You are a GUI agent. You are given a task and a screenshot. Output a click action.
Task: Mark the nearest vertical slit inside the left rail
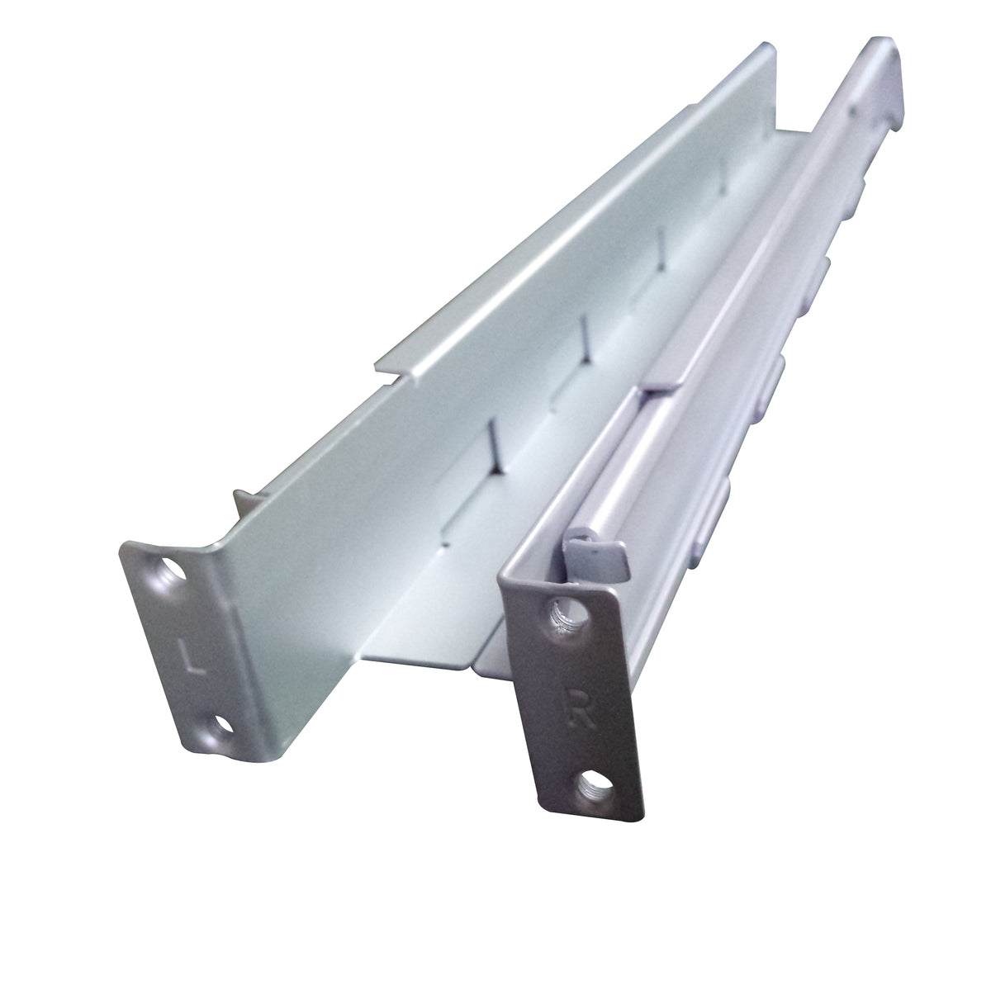494,440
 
